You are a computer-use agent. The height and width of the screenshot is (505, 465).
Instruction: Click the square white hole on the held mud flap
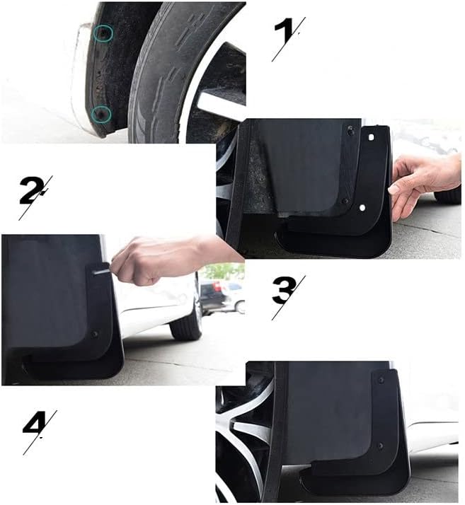click(371, 137)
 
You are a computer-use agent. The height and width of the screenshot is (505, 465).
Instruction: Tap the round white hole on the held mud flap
click(362, 208)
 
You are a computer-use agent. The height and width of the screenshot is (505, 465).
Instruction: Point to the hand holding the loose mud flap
click(425, 186)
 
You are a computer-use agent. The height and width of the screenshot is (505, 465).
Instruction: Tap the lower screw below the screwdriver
click(94, 334)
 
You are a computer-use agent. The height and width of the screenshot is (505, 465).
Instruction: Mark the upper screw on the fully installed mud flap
click(381, 381)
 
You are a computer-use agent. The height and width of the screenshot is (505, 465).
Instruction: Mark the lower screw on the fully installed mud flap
click(381, 446)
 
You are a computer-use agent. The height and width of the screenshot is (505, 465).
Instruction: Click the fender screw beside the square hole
click(350, 130)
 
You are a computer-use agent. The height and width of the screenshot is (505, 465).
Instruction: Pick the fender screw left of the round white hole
click(345, 201)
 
